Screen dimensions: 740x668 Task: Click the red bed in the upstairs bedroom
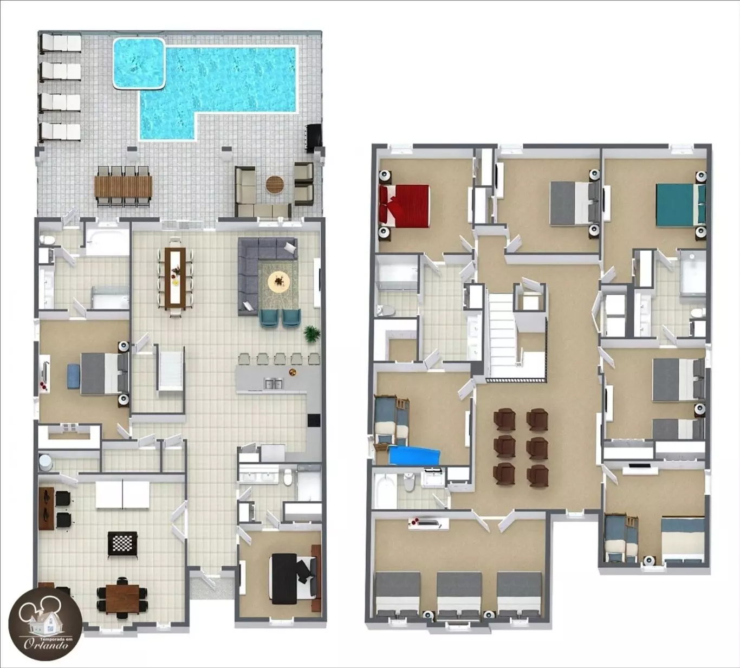(404, 205)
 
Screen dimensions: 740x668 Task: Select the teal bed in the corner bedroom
(680, 205)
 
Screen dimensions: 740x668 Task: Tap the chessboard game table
(122, 543)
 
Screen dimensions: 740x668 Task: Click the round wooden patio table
(275, 184)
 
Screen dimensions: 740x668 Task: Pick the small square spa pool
(139, 63)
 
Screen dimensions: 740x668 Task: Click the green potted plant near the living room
(311, 334)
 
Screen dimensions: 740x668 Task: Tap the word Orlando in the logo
(46, 645)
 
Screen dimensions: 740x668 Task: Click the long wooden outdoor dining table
(123, 186)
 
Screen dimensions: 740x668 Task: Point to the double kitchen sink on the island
(274, 384)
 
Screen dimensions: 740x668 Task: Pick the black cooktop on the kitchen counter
(314, 420)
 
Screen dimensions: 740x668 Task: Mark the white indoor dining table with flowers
(175, 277)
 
